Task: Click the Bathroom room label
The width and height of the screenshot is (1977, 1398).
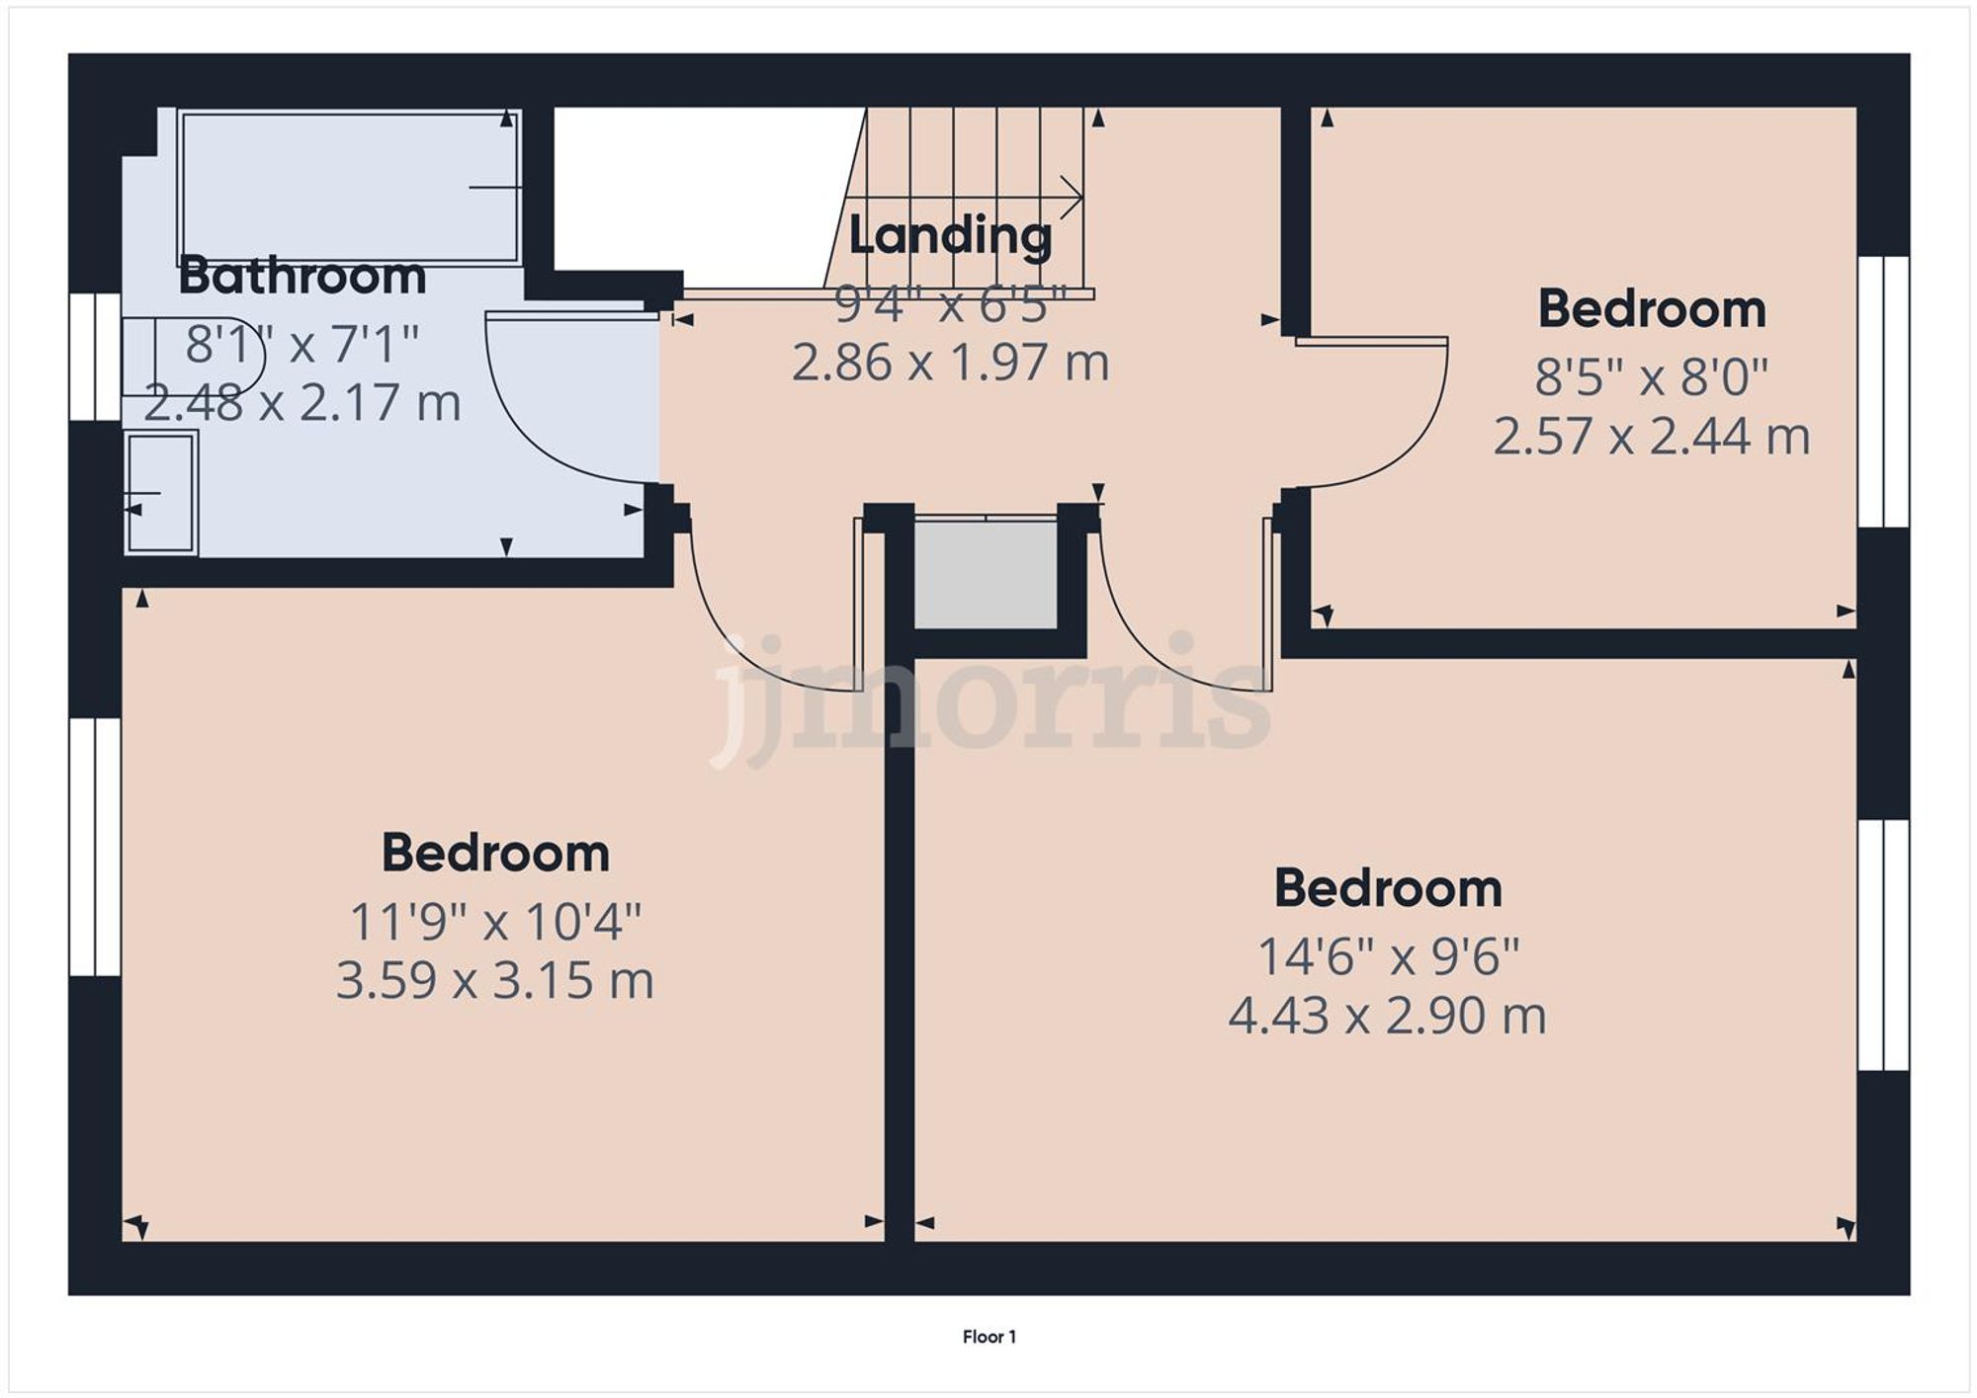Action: click(x=301, y=276)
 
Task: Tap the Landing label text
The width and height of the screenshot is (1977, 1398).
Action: click(x=950, y=235)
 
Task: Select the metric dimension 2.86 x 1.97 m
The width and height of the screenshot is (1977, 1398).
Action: click(x=950, y=363)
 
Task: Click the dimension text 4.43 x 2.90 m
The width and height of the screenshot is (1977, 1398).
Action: click(x=1387, y=1016)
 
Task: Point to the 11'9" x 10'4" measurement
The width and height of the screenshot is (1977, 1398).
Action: click(x=495, y=922)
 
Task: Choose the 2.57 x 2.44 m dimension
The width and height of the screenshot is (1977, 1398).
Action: click(x=1651, y=436)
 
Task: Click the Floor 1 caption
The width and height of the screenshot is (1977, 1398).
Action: click(x=988, y=1337)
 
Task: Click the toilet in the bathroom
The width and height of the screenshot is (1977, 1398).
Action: click(x=188, y=357)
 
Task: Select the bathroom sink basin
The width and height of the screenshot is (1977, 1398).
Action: click(x=160, y=492)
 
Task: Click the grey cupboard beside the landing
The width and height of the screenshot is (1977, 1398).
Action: click(x=986, y=573)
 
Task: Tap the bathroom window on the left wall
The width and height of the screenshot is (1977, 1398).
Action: click(x=95, y=356)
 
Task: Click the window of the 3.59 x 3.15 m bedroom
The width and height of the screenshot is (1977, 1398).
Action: click(x=95, y=847)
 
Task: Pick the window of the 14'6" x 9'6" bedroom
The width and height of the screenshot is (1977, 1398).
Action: click(x=1883, y=945)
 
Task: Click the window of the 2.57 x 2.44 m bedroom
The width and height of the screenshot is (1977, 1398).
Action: click(x=1883, y=391)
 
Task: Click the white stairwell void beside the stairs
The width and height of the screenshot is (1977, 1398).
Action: click(x=692, y=188)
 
